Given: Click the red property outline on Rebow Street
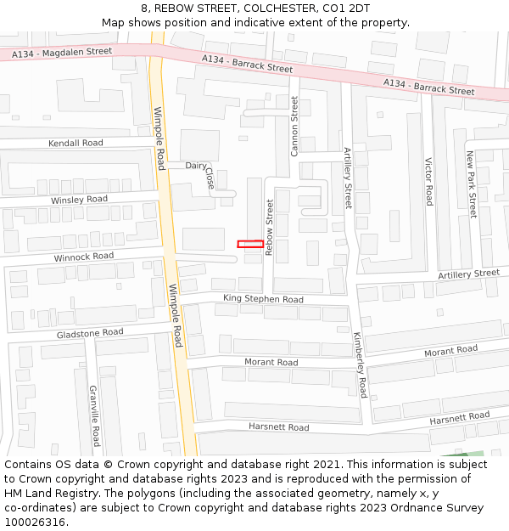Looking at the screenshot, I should coord(249,244).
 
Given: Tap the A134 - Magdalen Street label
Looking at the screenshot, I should coord(62,53).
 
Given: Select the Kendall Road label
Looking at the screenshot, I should coord(76,143).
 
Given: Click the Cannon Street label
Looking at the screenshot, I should coord(295,126).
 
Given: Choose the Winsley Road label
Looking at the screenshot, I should coord(79,200).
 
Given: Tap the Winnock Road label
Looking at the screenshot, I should coord(83,256).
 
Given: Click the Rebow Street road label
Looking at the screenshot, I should coord(270,228).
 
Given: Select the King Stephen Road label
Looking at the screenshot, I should coord(263,299).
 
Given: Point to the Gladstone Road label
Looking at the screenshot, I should coord(90,333).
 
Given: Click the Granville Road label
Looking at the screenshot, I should coord(94,415).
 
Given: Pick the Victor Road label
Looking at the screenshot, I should coord(428,182).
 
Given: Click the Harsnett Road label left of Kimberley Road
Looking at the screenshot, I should coord(278,426).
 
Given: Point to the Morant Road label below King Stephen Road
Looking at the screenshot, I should coord(271,362).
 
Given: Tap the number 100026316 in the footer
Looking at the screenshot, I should coord(35,522).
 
